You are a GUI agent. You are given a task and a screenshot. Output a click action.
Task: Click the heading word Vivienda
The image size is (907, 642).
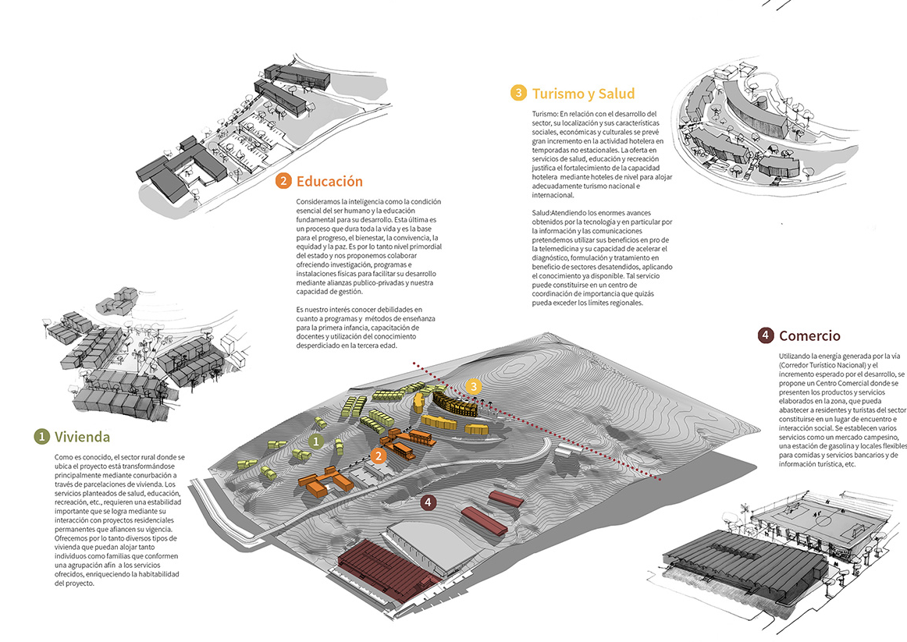point(82,436)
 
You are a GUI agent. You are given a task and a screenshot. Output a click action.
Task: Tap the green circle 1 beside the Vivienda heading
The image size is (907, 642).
point(41,436)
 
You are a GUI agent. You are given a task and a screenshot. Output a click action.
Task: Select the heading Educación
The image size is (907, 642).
point(329,181)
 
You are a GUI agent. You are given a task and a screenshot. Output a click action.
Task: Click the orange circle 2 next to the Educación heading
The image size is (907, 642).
point(283,181)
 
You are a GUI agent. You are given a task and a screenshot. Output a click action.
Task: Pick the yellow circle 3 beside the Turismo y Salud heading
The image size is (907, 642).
point(519,94)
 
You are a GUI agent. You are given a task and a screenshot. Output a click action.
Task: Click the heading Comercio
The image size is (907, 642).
point(809,335)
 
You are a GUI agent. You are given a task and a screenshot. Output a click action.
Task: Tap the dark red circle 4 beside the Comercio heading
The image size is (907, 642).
point(766,335)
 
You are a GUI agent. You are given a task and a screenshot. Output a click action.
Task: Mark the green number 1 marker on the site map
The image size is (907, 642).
point(315,441)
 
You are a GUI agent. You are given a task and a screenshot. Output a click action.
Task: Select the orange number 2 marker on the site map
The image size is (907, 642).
point(379,456)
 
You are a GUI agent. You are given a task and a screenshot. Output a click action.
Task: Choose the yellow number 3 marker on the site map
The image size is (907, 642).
point(472,386)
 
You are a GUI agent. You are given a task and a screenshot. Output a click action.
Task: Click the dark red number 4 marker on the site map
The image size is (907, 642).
point(427,502)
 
